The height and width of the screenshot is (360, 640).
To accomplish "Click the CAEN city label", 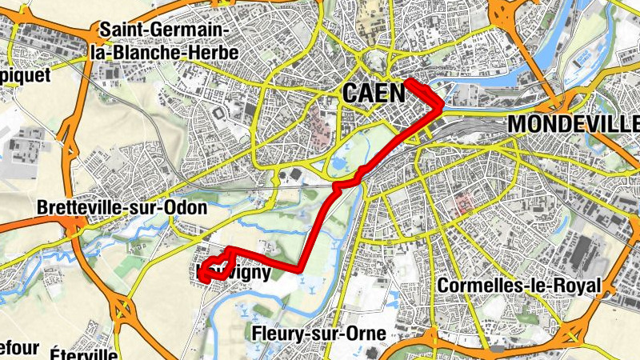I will [x=374, y=93].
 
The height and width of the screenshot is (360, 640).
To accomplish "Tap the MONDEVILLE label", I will [x=574, y=124].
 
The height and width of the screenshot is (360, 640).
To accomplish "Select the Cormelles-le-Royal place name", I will [x=520, y=286].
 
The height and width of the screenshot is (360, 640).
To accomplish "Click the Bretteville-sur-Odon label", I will [x=122, y=207].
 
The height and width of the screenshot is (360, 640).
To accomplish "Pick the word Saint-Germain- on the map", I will [x=164, y=30].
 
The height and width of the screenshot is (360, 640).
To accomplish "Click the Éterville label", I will [x=84, y=353].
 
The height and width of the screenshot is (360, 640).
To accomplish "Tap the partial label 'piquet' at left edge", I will [x=24, y=74].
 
